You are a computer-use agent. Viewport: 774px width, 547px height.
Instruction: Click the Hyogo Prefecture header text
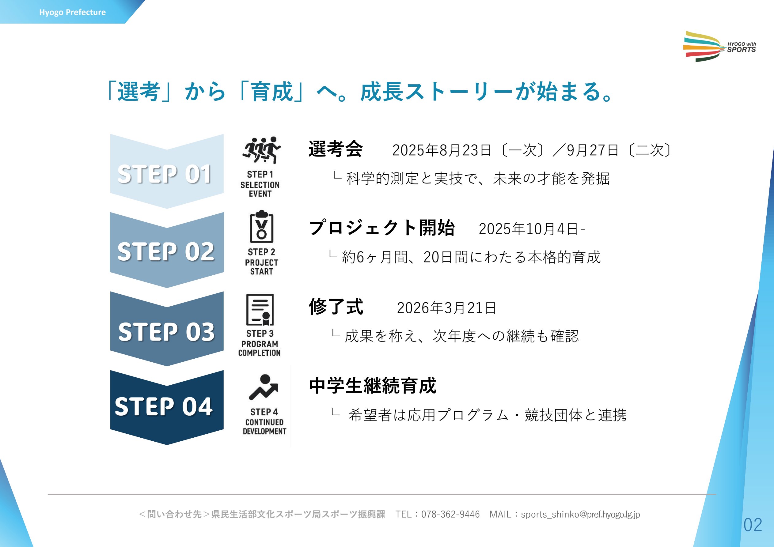(73, 13)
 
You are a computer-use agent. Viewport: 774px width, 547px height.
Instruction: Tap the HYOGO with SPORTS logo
(719, 47)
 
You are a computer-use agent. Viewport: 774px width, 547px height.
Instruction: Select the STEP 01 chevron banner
(167, 171)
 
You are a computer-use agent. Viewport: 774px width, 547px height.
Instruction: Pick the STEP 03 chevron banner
(167, 329)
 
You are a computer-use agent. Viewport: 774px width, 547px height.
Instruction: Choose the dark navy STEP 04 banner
(167, 407)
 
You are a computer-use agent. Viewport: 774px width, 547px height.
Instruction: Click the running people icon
(261, 150)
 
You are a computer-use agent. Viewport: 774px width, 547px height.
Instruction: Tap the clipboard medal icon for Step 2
(262, 226)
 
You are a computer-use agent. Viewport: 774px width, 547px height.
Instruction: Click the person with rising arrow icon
(264, 387)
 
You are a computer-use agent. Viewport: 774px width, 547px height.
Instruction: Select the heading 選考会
(336, 149)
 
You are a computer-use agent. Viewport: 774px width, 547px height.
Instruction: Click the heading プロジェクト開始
(381, 228)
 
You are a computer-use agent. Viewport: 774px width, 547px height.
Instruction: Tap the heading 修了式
(336, 307)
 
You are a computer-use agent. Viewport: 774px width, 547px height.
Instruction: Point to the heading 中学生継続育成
(373, 386)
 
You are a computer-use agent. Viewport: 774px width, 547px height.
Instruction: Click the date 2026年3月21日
(446, 308)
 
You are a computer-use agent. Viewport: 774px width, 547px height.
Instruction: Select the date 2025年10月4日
(529, 229)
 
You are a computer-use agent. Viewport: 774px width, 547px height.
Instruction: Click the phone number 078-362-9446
(450, 514)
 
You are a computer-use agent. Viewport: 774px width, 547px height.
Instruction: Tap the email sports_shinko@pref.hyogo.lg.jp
(580, 515)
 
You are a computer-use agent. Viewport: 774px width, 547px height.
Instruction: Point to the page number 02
(753, 525)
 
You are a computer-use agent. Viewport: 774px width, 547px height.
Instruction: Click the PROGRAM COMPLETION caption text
(259, 349)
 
